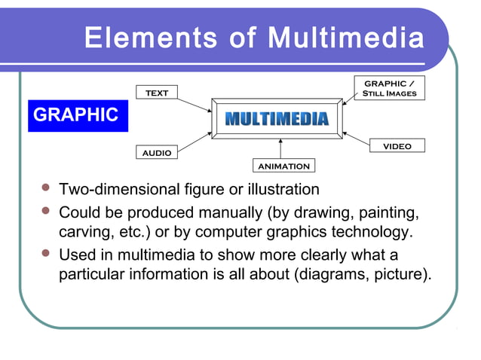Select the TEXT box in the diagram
[157, 93]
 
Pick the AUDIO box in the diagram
[157, 152]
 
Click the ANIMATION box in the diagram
[283, 166]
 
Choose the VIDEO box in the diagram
[397, 146]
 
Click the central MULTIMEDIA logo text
[277, 119]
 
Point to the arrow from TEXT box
[195, 103]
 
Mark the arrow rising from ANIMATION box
[280, 149]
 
